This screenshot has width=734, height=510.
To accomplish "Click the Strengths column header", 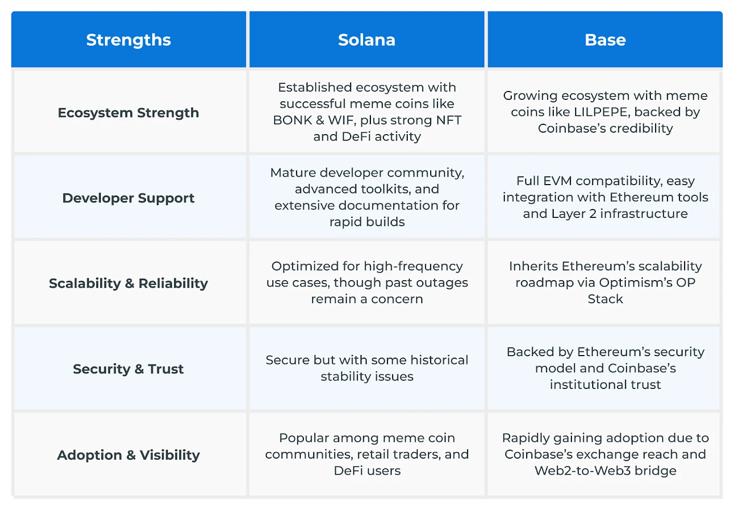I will pyautogui.click(x=128, y=40).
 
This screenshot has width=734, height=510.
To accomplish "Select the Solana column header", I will pyautogui.click(x=367, y=40).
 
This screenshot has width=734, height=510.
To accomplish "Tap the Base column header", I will pyautogui.click(x=605, y=40).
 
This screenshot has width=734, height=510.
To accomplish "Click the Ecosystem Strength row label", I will pyautogui.click(x=128, y=113).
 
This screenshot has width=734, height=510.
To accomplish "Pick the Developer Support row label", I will pyautogui.click(x=128, y=198).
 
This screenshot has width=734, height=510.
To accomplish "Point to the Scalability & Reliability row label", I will pyautogui.click(x=128, y=283).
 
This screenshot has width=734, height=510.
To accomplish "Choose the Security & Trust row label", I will pyautogui.click(x=128, y=369).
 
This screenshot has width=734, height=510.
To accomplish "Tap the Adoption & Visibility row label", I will pyautogui.click(x=128, y=455).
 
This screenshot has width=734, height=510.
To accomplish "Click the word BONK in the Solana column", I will pyautogui.click(x=292, y=120).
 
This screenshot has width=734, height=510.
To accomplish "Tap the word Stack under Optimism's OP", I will pyautogui.click(x=605, y=299).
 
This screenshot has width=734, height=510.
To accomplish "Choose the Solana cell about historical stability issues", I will pyautogui.click(x=367, y=368).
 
